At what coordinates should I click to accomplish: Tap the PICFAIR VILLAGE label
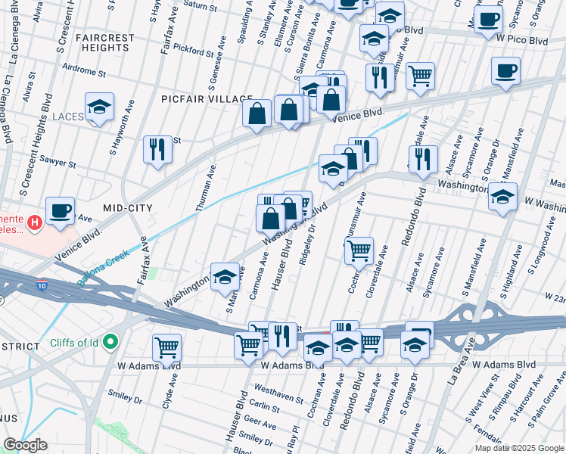coord(207,99)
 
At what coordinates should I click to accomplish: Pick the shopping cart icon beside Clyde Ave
coord(166,348)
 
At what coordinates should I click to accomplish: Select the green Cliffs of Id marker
coord(110,343)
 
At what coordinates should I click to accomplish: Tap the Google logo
coord(25,445)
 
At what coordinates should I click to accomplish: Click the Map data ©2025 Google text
coord(518,448)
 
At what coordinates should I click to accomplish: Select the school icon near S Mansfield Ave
coord(502,197)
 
